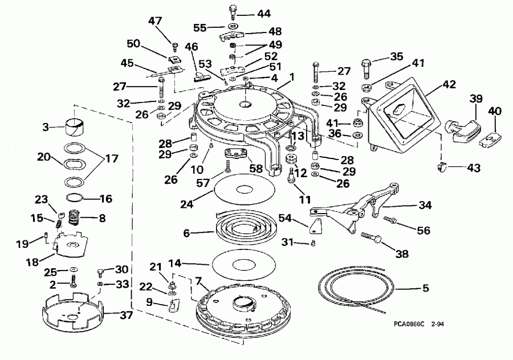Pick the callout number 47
tap(156, 21)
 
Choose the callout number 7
tap(198, 280)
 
